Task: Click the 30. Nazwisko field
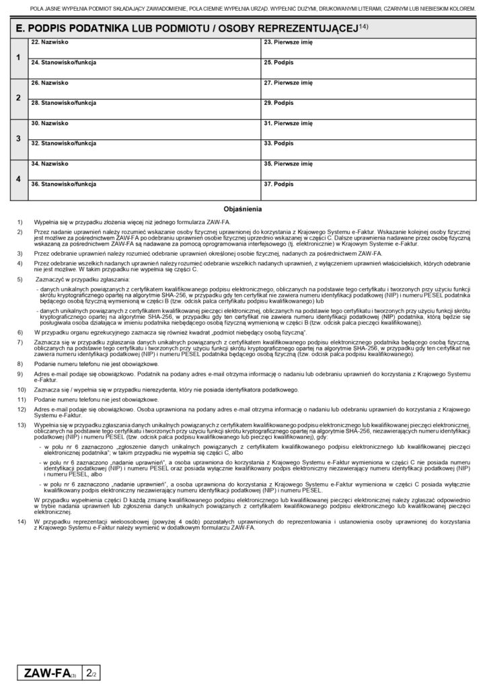pos(145,131)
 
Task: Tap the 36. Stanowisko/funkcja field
pos(145,192)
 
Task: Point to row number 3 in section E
pos(18,139)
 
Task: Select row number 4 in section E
pos(18,179)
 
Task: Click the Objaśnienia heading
pos(243,209)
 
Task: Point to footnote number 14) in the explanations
pos(21,522)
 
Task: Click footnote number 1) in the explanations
pos(20,221)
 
